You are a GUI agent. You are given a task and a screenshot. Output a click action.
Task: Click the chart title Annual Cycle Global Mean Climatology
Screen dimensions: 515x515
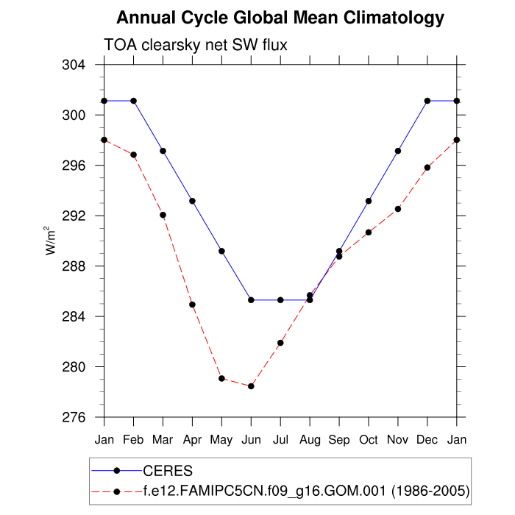tap(280, 18)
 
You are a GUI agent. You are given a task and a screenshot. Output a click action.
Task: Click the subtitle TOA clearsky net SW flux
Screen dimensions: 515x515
tap(195, 46)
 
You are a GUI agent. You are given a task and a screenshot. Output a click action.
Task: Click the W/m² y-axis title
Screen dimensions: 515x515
tap(52, 241)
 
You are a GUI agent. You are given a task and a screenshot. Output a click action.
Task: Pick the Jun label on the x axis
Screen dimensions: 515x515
tap(251, 439)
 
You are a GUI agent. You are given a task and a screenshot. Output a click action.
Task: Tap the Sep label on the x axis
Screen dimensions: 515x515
tap(339, 439)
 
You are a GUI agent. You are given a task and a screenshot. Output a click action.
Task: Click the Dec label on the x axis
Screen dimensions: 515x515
tap(427, 439)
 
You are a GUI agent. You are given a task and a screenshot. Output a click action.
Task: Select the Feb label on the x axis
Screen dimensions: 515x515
tap(133, 439)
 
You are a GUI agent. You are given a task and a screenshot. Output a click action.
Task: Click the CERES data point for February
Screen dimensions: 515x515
tap(133, 101)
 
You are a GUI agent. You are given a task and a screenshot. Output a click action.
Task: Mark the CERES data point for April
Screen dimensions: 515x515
tap(192, 201)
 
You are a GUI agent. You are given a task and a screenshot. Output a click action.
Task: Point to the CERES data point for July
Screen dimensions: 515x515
tap(280, 300)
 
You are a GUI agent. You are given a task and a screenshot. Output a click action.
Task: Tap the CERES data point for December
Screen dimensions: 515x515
tap(427, 101)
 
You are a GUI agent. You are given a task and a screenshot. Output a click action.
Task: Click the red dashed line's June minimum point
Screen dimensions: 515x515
tap(251, 386)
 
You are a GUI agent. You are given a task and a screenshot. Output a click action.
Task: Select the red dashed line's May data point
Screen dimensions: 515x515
tap(221, 378)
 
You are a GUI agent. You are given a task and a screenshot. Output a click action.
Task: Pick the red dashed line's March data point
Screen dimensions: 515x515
tap(163, 215)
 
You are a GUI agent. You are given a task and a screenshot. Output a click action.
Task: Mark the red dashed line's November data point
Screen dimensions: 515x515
tap(398, 209)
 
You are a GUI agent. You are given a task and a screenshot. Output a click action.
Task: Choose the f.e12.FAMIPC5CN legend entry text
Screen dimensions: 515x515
tap(305, 490)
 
